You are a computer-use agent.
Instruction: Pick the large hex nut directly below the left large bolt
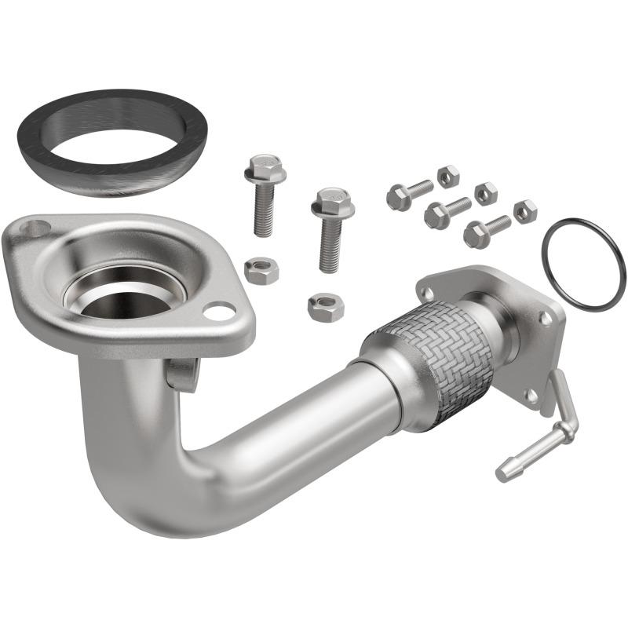tap(261, 271)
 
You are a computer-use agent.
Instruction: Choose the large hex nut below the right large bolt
tap(325, 306)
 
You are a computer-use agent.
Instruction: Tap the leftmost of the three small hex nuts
tap(447, 176)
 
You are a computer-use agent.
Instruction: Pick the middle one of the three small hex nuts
tap(485, 192)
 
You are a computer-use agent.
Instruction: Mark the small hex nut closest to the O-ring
tap(525, 210)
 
